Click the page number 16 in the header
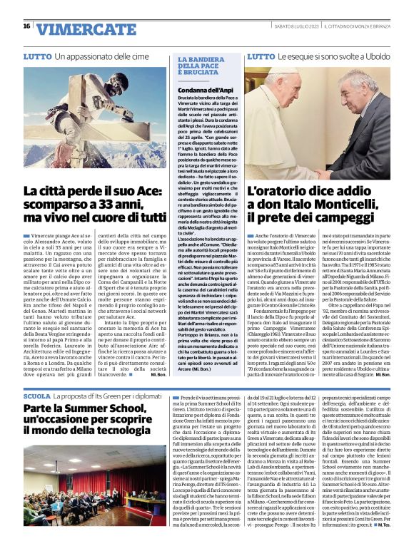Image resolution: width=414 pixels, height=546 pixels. point(26,26)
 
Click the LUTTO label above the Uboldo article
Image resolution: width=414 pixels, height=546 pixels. point(260,56)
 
